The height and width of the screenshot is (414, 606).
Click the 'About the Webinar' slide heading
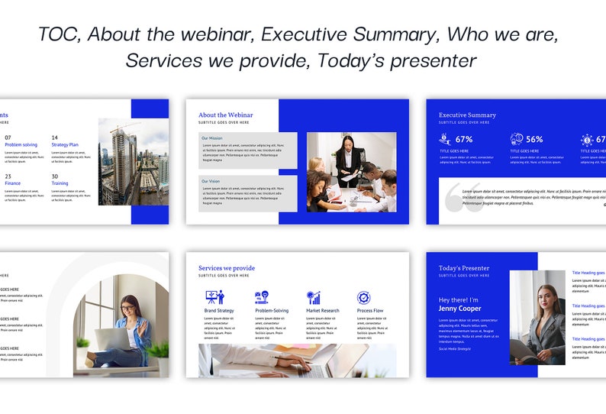(225, 115)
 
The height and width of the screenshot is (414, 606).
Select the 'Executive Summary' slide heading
(467, 115)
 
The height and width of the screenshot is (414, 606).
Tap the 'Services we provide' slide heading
(227, 268)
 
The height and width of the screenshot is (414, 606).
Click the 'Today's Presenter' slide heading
(464, 268)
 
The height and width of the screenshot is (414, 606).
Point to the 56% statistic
(534, 140)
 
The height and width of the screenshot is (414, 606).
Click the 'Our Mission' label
(211, 138)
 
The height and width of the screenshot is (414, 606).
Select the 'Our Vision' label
(211, 181)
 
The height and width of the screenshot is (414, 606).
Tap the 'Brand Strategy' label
(219, 311)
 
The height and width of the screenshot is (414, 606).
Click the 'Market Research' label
(322, 311)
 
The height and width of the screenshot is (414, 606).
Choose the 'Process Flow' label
(369, 311)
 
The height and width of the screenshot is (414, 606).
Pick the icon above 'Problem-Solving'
(262, 297)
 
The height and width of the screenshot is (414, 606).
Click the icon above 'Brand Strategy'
(214, 297)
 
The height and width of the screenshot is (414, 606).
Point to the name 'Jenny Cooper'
(460, 309)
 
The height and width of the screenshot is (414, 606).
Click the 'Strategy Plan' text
(65, 144)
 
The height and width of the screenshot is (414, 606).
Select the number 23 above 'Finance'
(8, 176)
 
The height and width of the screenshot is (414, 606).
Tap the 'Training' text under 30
(60, 183)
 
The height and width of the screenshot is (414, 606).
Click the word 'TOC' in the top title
(58, 34)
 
